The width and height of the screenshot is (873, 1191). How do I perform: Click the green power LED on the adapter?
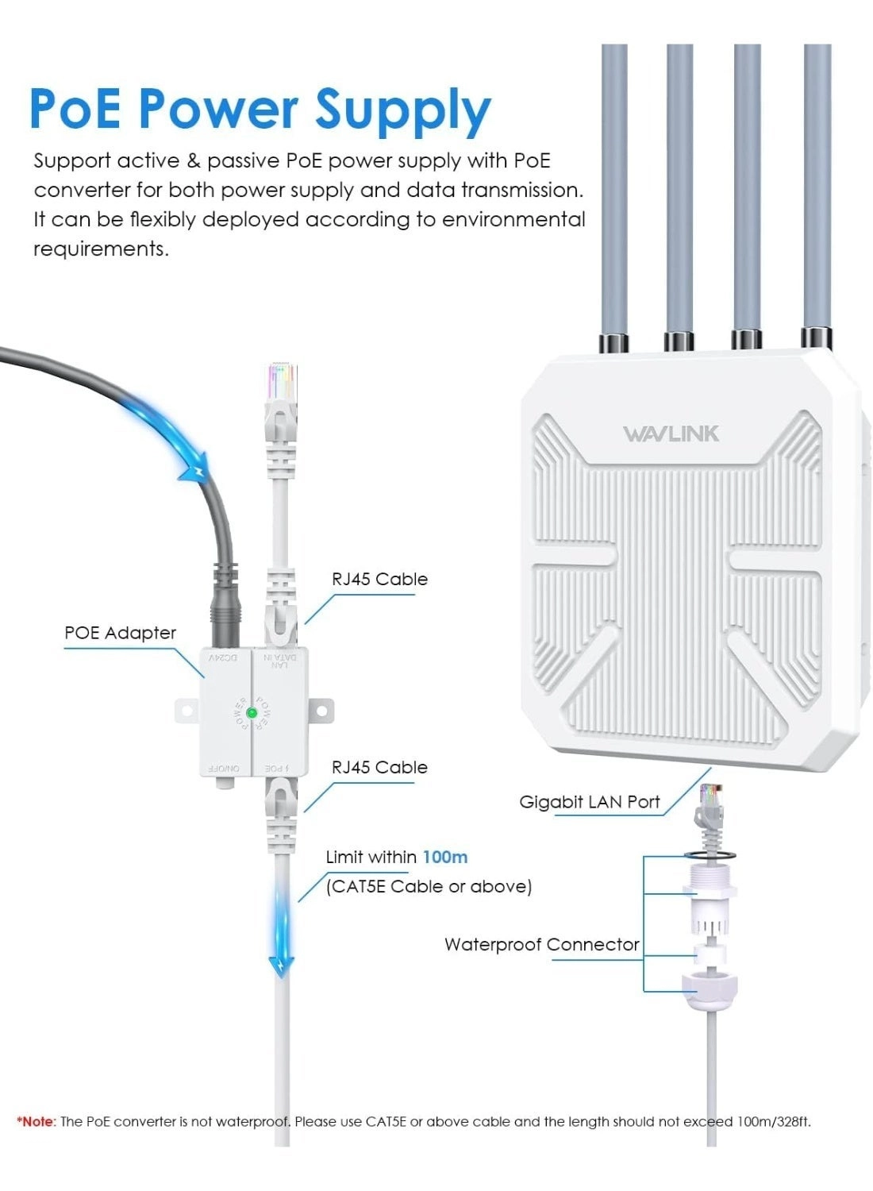[252, 713]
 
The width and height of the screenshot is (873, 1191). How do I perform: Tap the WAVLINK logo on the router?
[671, 434]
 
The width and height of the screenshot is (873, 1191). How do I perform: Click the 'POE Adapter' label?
[120, 633]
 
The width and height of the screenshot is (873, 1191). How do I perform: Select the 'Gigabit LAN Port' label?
[589, 802]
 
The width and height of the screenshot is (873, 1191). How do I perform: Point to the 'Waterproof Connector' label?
[541, 945]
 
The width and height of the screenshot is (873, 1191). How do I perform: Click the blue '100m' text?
[444, 858]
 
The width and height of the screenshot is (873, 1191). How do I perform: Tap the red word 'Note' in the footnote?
[37, 1122]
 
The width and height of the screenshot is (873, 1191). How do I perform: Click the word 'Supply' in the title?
[402, 109]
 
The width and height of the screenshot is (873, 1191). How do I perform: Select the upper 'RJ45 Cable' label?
[379, 580]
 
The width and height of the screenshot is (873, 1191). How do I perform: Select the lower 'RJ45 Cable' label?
[379, 768]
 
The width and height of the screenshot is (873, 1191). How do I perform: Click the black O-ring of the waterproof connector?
[708, 856]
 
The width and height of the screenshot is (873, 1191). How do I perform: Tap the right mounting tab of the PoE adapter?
[321, 710]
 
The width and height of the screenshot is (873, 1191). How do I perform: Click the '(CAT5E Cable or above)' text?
[429, 887]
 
